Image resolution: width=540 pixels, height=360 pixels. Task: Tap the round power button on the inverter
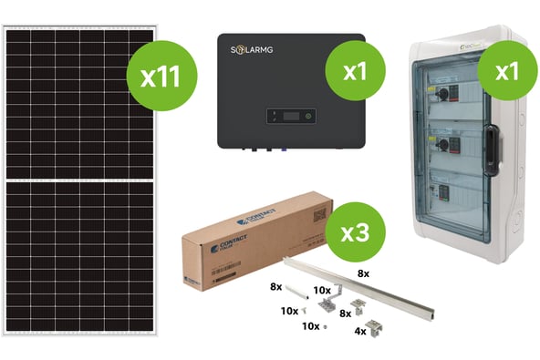(x=307, y=116)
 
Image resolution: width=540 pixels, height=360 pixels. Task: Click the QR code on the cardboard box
(x=318, y=216)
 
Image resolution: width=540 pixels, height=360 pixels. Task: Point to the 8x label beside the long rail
(x=363, y=273)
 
